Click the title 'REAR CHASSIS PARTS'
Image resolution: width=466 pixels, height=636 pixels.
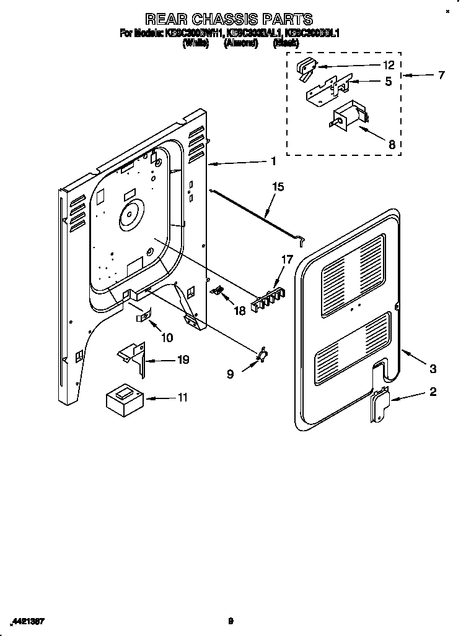coord(229,20)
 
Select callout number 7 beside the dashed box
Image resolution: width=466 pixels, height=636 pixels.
coord(441,76)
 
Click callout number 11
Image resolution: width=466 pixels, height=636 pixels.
coord(182,397)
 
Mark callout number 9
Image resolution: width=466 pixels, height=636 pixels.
coord(231,374)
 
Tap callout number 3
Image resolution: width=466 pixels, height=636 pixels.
coord(433,369)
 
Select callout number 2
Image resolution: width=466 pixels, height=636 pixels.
coord(433,391)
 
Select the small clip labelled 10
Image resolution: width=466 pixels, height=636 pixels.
coord(144,317)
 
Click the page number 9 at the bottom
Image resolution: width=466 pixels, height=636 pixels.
coord(231,621)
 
